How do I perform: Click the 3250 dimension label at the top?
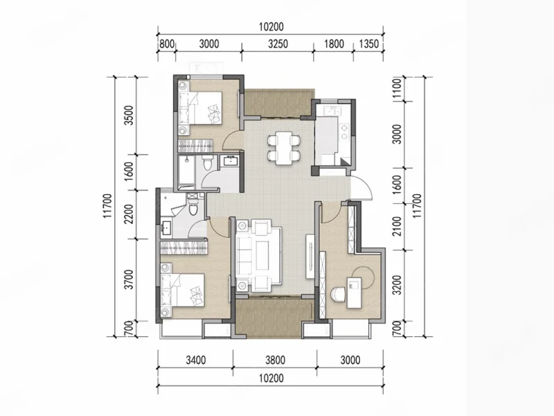point(278,44)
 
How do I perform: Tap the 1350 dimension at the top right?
point(368,44)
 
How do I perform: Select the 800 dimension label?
point(167,44)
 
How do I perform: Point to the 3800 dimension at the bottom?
point(275,360)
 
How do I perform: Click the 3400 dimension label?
point(196,360)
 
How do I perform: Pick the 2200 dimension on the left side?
point(129,214)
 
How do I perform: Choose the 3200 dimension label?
point(397,285)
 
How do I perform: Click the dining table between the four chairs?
point(285,148)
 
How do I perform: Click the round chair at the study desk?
point(338,294)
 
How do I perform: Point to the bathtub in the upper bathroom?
point(186,171)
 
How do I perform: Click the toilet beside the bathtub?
point(207,163)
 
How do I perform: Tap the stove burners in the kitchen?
point(343,130)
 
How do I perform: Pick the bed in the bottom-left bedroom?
point(183,291)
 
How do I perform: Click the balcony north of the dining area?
point(278,103)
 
